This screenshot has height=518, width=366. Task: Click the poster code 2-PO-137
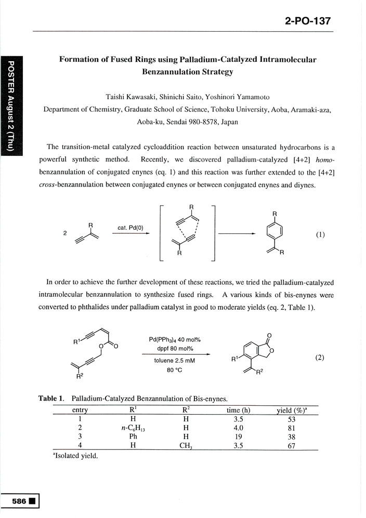point(308,21)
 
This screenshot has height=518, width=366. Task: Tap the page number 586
point(19,502)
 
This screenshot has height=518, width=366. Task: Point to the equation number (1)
point(320,234)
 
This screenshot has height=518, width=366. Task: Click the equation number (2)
point(320,358)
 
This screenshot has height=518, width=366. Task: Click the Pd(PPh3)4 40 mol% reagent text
point(174,340)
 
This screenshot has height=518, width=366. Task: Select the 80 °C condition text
point(174,370)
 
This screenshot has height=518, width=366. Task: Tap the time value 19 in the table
point(239,437)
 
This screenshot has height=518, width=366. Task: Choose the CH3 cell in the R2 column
point(186,446)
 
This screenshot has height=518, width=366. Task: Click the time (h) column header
point(239,410)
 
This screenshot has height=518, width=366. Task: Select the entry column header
point(80,410)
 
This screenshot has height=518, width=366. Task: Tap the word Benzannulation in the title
point(173,72)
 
